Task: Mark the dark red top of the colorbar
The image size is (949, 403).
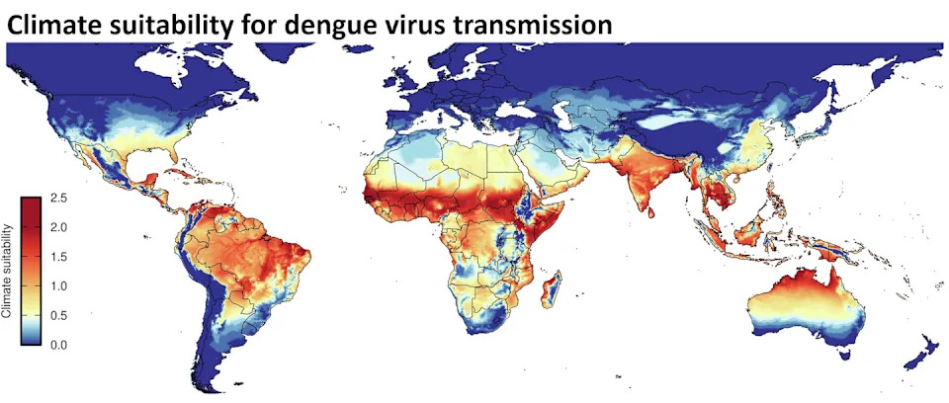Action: pos(31,202)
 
